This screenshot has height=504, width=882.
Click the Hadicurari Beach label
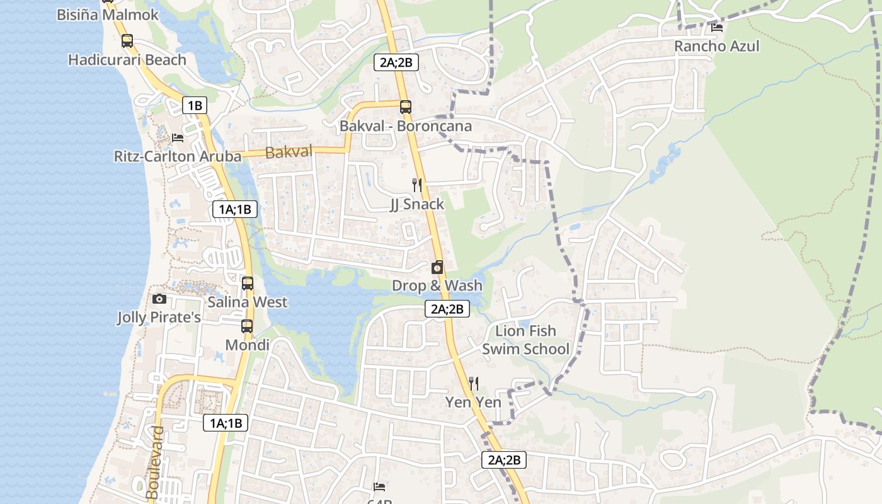(127, 60)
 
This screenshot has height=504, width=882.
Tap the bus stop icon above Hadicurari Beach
(127, 41)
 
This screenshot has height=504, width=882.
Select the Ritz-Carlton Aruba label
(178, 156)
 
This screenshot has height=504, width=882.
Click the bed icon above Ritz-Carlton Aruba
(178, 137)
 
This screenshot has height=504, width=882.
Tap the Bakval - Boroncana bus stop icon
(405, 107)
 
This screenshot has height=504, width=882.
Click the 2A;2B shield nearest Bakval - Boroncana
(396, 62)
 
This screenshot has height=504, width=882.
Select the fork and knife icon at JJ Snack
(416, 185)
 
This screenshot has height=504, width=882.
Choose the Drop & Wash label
(437, 285)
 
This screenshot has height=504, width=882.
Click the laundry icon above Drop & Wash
(437, 267)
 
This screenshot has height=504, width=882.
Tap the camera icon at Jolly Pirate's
(159, 299)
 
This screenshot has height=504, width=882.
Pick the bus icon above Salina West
(247, 283)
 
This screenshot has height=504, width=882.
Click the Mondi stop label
(247, 345)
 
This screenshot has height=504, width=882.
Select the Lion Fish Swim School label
(525, 340)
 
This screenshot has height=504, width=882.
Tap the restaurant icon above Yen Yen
(474, 383)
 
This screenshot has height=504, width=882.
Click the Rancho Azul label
(716, 46)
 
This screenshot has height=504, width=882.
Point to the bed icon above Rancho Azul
(716, 27)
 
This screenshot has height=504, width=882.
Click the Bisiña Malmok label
(108, 14)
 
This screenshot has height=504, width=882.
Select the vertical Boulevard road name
(153, 464)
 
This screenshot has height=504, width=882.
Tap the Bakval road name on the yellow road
(289, 152)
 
